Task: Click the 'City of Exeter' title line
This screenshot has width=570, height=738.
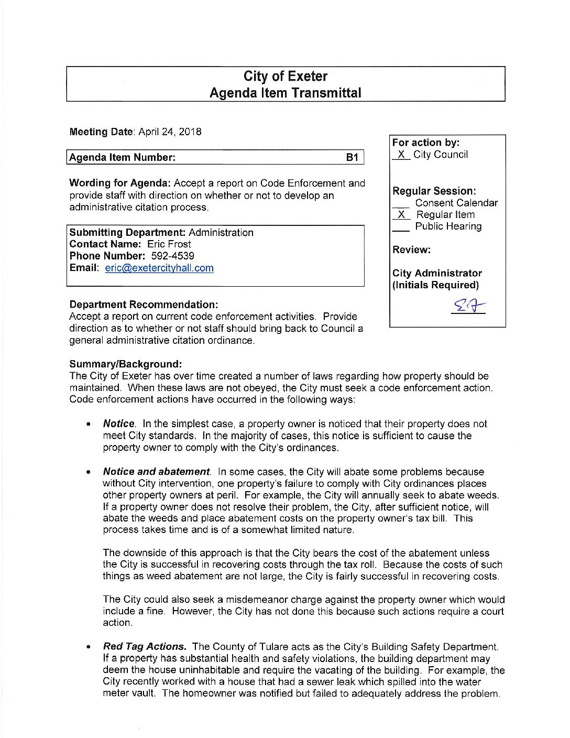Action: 285,77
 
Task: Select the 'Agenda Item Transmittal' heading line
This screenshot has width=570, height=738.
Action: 285,93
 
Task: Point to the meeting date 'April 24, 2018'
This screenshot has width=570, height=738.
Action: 170,132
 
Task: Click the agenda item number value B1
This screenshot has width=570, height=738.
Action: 352,157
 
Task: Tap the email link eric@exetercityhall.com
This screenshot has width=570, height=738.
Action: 159,268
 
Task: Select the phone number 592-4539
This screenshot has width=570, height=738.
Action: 172,256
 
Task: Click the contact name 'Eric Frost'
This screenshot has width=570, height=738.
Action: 169,244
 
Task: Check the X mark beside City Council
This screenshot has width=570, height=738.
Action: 401,155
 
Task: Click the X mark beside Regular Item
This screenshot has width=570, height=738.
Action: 401,215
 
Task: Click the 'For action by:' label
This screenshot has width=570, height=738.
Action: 426,143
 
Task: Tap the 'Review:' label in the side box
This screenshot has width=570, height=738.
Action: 411,250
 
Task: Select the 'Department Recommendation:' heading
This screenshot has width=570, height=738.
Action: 144,305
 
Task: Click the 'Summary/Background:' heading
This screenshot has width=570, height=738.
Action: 126,364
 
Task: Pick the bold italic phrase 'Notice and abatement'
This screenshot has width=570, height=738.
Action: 156,472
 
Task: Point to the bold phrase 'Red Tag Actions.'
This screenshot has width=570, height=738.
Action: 145,647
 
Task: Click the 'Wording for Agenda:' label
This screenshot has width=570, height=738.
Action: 120,183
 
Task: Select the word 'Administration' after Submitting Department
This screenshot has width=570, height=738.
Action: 221,233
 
